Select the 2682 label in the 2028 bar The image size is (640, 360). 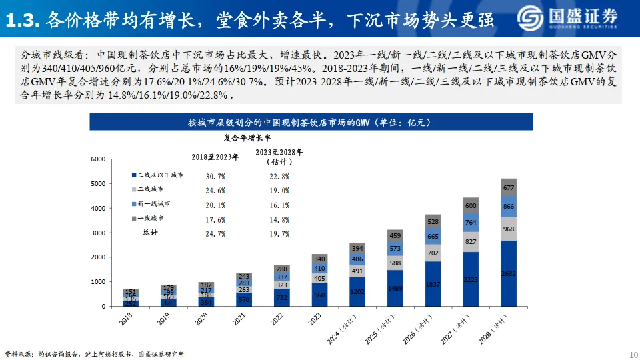point(509,273)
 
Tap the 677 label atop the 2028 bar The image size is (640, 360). point(509,188)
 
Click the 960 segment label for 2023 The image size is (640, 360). point(319,294)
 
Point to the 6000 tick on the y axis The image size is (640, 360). point(98,159)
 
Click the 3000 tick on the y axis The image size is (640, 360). point(98,233)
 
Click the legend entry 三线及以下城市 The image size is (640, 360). point(160,175)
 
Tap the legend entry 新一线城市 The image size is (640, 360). point(154,204)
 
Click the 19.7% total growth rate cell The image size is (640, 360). point(279,234)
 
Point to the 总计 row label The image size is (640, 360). point(151,233)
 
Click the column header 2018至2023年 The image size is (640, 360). point(215,156)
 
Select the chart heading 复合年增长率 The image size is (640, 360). point(247,138)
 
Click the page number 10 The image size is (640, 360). point(633,353)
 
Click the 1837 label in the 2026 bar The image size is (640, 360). point(433,283)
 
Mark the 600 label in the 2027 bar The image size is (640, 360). point(471,206)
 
